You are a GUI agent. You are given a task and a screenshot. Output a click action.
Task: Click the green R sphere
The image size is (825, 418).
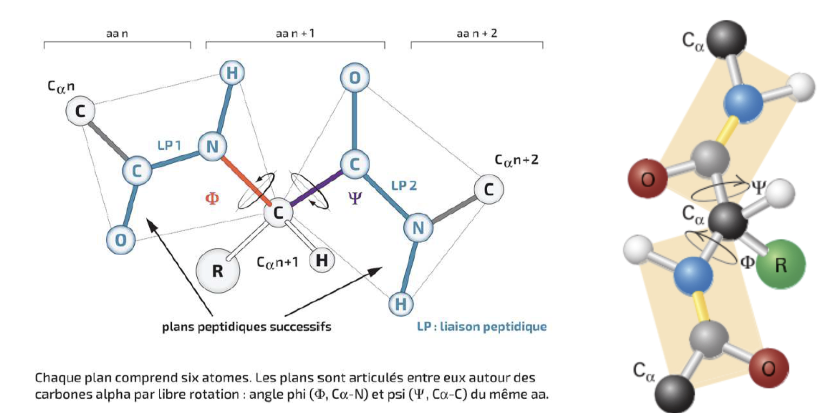780,265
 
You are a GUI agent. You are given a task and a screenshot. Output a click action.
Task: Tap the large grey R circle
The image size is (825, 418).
218,270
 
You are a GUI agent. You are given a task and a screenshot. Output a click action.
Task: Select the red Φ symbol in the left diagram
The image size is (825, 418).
212,198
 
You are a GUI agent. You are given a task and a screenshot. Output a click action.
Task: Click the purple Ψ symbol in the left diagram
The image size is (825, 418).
355,198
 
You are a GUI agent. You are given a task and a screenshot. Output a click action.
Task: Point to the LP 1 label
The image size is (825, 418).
169,146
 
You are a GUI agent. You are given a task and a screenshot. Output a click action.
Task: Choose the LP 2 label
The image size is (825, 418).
404,186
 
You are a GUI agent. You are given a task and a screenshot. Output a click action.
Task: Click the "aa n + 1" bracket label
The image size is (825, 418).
295,34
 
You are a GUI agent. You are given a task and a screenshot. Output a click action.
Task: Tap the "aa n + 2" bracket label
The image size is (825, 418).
476,34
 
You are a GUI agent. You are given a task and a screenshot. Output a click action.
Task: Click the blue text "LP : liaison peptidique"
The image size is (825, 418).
481,326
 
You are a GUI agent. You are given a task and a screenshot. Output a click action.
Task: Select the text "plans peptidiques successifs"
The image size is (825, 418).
247,326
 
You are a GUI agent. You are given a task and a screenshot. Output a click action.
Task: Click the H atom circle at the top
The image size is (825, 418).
232,73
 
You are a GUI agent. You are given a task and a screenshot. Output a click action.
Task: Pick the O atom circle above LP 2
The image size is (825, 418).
355,77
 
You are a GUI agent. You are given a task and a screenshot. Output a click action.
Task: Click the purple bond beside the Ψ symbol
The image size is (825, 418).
316,188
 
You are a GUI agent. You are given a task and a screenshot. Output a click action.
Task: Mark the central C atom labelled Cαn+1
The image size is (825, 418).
278,213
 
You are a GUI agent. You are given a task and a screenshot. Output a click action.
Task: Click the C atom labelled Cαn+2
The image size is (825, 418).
488,189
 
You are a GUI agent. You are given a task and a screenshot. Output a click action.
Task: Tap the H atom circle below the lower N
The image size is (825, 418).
401,304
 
